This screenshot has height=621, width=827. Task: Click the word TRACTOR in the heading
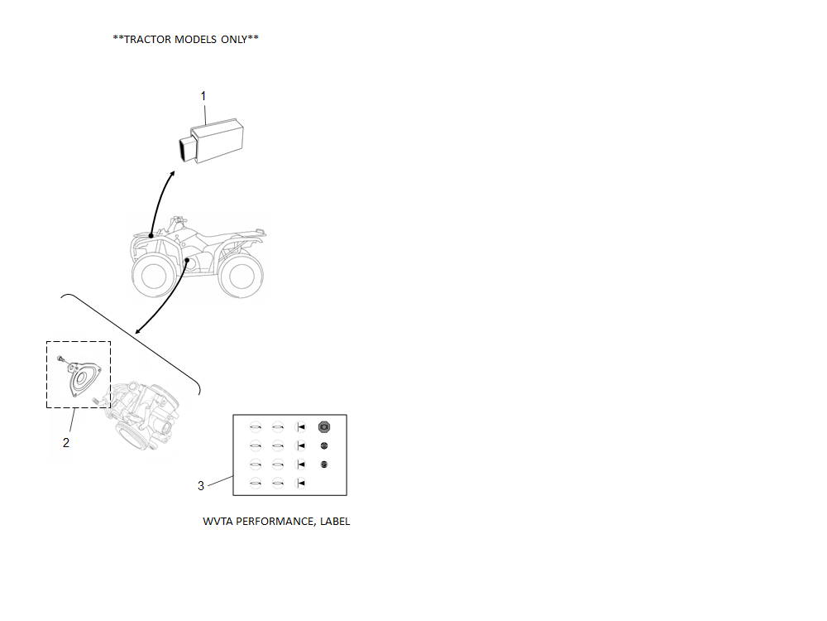[147, 40]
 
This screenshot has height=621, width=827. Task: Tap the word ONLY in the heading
[234, 40]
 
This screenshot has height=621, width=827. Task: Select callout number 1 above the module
[203, 96]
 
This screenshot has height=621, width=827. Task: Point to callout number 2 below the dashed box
[66, 442]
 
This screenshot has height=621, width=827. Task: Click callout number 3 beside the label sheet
[200, 486]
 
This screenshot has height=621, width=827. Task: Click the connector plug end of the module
[187, 149]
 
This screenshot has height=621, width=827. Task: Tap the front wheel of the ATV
[154, 275]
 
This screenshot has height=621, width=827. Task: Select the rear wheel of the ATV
[241, 275]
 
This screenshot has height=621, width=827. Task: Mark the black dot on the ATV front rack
[151, 235]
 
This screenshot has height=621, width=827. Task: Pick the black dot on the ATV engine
[187, 260]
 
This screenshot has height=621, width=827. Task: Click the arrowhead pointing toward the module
[172, 174]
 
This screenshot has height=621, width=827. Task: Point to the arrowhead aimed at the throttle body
[138, 331]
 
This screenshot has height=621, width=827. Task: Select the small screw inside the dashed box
[62, 359]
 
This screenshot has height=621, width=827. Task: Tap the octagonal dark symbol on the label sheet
[324, 427]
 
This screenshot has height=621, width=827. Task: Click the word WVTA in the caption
[218, 522]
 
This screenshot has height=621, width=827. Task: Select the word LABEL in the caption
[335, 522]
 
